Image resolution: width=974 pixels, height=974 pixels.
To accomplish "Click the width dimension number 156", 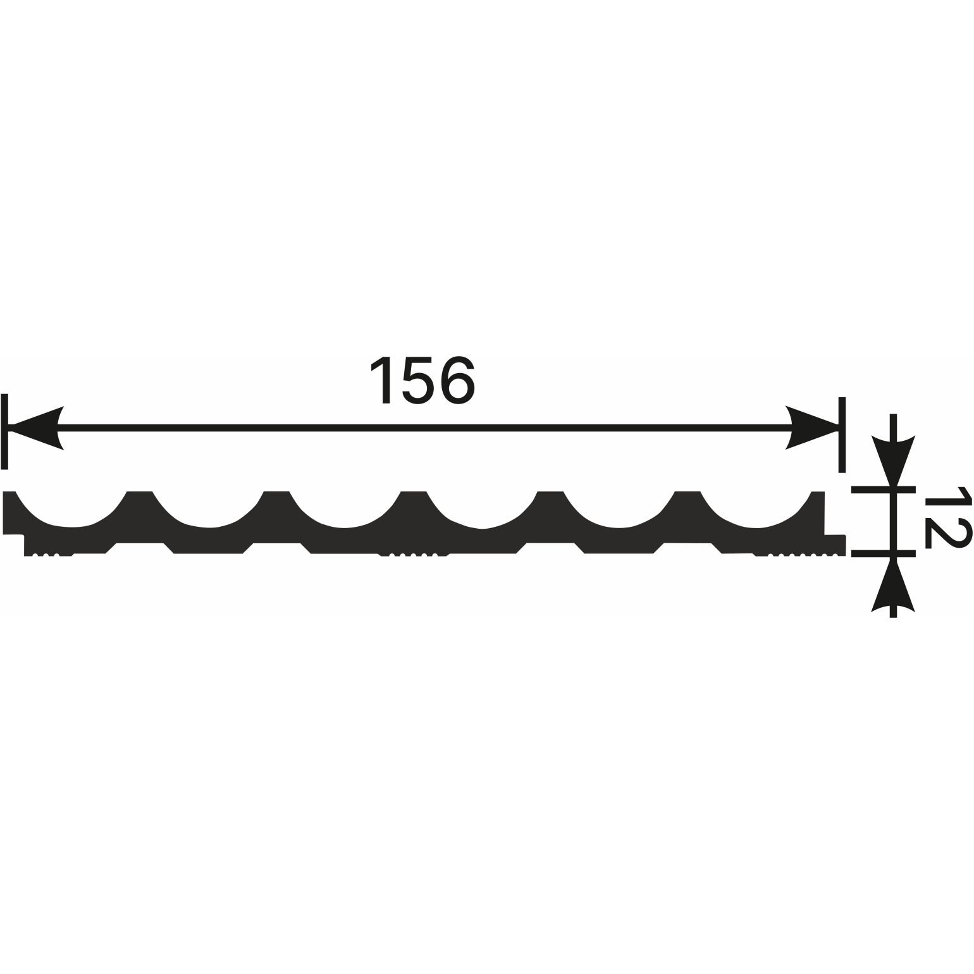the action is (422, 379).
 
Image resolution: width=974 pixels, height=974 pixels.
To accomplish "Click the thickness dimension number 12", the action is (947, 516).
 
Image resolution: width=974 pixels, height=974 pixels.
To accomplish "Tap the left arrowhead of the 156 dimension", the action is (37, 428).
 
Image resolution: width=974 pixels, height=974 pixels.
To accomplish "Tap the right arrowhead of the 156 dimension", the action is (812, 428).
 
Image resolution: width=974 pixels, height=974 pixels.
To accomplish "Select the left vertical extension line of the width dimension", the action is (5, 431).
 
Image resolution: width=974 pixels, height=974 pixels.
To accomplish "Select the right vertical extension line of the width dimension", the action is (842, 435).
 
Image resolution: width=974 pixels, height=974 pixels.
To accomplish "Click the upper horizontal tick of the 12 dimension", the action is (884, 490).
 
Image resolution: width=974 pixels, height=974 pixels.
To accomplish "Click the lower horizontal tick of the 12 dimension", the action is (884, 553).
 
